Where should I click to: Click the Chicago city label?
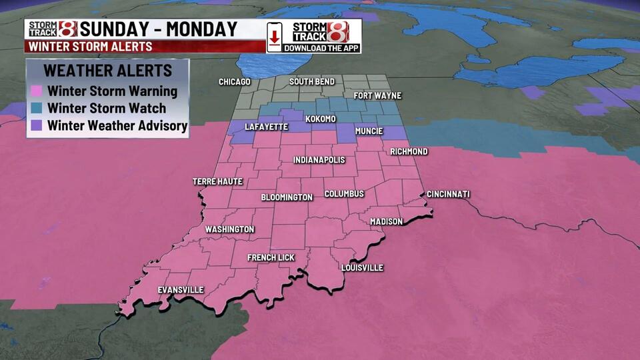[x=235, y=82]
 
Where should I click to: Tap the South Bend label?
[x=312, y=82]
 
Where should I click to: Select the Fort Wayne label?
[x=377, y=95]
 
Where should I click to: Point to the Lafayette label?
[x=266, y=127]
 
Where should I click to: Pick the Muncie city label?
[x=369, y=131]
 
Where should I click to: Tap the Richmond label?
[x=409, y=152]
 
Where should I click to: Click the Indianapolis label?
[x=319, y=161]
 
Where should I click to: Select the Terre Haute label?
[x=217, y=181]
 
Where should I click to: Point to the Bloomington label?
[x=287, y=197]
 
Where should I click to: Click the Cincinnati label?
[x=448, y=195]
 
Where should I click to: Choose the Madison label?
[x=387, y=221]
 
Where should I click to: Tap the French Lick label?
[x=270, y=257]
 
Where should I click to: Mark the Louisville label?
[x=362, y=268]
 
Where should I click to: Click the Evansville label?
[x=181, y=290]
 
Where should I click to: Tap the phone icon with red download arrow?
[x=274, y=36]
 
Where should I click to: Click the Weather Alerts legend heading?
[x=107, y=71]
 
